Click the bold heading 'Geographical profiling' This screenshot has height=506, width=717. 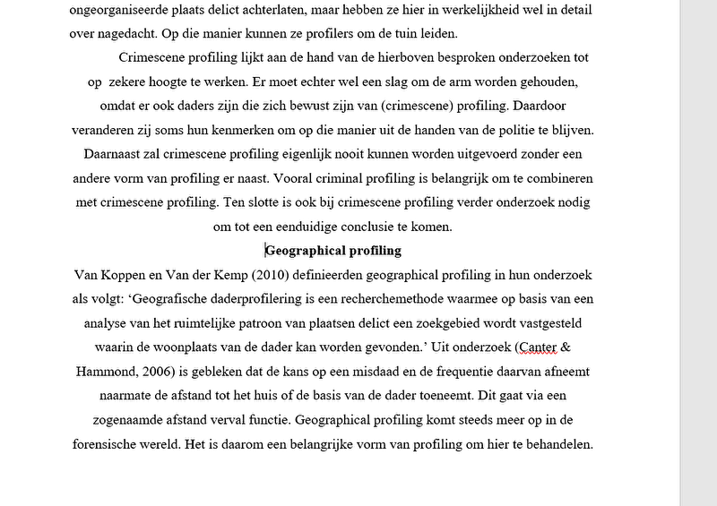pyautogui.click(x=333, y=251)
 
